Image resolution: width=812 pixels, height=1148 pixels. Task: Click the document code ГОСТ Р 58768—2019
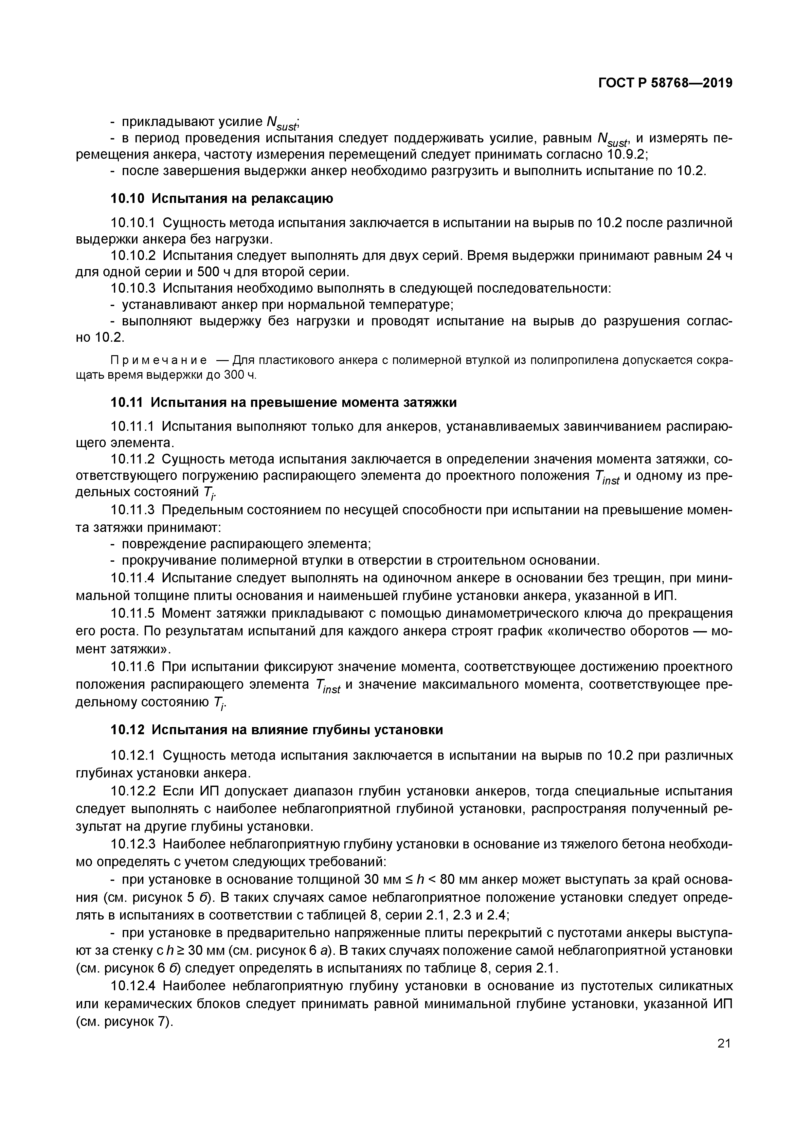[x=665, y=83]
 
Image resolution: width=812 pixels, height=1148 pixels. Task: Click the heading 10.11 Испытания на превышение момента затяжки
[x=283, y=402]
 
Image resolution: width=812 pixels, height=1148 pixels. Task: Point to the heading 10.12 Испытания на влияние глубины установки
[x=277, y=730]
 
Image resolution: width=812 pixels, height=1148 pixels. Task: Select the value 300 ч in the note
[x=239, y=375]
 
